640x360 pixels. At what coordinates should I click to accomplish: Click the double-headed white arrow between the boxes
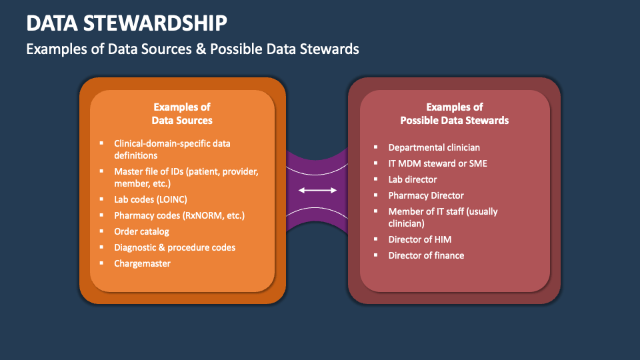click(x=318, y=191)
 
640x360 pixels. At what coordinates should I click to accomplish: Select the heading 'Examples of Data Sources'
click(x=182, y=113)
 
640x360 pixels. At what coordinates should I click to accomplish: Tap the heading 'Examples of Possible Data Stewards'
click(x=454, y=113)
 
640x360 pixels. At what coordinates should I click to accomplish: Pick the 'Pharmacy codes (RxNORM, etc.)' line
click(x=179, y=215)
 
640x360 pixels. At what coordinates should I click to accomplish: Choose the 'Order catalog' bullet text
click(x=141, y=231)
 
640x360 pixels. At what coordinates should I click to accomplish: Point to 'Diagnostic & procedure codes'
click(x=175, y=247)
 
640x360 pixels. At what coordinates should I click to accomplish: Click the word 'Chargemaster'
click(x=142, y=263)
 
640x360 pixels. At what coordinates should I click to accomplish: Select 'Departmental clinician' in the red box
click(x=434, y=147)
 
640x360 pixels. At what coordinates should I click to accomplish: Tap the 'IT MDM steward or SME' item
click(x=437, y=163)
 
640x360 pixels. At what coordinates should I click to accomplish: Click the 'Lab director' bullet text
click(x=413, y=179)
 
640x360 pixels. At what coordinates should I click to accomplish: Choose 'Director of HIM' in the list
click(x=420, y=239)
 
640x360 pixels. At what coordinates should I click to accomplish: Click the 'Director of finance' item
click(x=426, y=255)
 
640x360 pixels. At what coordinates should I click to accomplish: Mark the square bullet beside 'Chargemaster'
click(x=101, y=263)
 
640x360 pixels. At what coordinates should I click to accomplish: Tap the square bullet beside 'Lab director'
click(x=375, y=179)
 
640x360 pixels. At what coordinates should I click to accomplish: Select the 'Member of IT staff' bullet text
click(x=443, y=217)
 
